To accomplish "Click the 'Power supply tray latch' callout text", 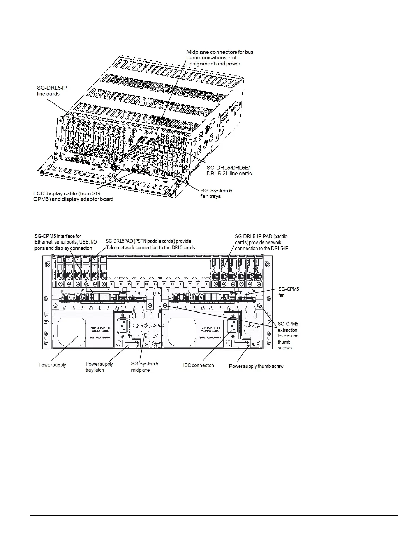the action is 99,367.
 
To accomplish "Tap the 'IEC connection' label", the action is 198,365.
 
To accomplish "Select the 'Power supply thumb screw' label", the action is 256,366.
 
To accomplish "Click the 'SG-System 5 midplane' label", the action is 145,366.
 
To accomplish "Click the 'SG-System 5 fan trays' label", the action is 216,193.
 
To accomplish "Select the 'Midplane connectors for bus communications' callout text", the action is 220,58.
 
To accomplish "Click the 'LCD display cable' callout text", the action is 73,196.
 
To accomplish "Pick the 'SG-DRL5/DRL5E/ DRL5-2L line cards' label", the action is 229,171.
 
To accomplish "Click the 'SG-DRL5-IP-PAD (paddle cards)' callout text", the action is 261,242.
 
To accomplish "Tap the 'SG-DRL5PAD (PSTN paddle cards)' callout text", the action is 150,244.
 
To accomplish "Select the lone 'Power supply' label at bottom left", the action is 52,365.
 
